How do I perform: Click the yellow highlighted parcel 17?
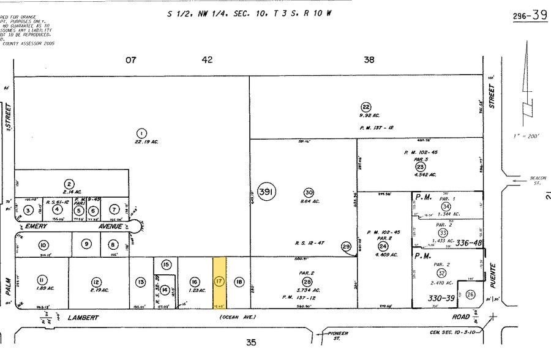(x=220, y=282)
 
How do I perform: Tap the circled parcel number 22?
(x=365, y=106)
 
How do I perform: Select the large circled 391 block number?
(x=267, y=192)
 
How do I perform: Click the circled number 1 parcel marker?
(x=141, y=133)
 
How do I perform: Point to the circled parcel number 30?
(x=309, y=192)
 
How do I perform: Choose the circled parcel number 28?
(x=307, y=281)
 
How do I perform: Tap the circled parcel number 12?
(x=96, y=282)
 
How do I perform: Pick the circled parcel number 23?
(x=420, y=166)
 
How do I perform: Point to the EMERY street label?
(x=36, y=226)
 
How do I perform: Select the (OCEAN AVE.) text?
(x=236, y=317)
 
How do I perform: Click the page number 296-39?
(x=530, y=15)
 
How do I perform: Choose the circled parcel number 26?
(x=470, y=294)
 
